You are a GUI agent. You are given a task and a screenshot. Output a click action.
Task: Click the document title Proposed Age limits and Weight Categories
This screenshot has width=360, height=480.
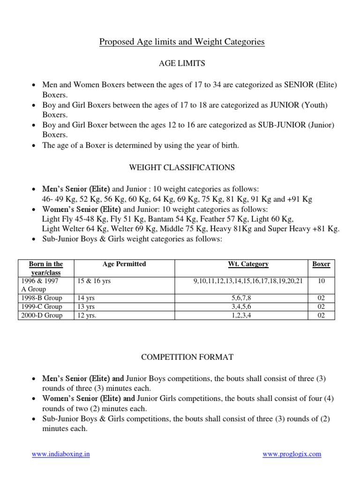pos(182,42)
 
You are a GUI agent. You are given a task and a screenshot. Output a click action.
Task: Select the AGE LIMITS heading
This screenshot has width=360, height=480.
pos(182,63)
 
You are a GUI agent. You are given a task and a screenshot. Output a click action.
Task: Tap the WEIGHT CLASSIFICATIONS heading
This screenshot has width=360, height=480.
pos(182,167)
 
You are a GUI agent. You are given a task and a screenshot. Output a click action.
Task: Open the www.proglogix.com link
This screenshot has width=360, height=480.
pos(292,454)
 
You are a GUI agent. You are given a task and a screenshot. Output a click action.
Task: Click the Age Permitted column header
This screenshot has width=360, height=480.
pos(124,264)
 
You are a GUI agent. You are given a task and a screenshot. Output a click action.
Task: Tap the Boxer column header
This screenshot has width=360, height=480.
pos(321,264)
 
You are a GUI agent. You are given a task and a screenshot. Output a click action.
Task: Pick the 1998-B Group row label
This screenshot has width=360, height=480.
pos(41,298)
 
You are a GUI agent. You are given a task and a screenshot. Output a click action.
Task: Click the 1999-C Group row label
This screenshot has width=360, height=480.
pos(41,307)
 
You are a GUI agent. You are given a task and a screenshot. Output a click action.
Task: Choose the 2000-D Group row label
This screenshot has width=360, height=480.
pos(41,315)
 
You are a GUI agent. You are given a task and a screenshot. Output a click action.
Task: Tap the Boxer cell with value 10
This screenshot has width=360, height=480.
pos(321,281)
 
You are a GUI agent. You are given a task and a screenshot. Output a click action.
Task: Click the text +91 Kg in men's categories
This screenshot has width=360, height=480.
pos(300,199)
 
